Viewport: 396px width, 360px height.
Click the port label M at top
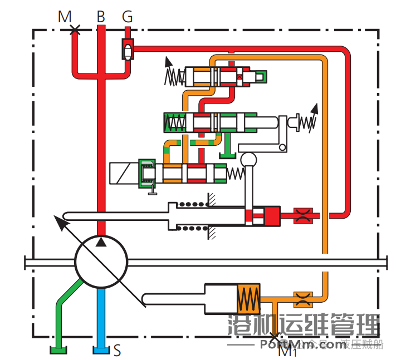(x=65, y=17)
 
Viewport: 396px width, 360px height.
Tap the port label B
(x=100, y=17)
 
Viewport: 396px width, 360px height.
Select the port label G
(x=128, y=17)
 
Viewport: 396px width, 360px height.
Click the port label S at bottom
(x=117, y=351)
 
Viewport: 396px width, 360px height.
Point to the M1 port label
(x=287, y=351)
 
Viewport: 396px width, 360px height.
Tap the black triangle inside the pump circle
(x=101, y=241)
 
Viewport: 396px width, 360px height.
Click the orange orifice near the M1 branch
(x=303, y=298)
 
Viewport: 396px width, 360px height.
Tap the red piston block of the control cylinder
(x=270, y=216)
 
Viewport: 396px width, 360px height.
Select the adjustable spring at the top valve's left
(x=174, y=75)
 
